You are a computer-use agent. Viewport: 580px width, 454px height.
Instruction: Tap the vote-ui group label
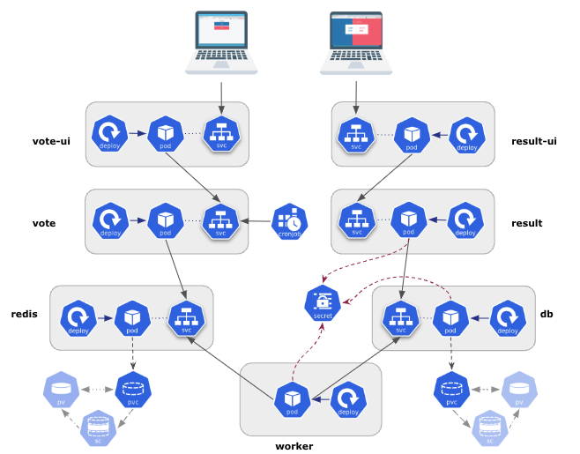coord(51,140)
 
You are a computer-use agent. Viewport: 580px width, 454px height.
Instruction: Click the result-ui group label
coord(533,140)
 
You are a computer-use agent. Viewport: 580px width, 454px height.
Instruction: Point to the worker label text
coord(294,446)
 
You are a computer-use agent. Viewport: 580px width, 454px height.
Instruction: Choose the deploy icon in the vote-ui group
coord(111,133)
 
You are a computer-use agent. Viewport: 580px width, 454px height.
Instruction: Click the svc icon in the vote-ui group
coord(221,133)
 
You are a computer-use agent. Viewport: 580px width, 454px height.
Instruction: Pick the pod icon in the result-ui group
coord(411,134)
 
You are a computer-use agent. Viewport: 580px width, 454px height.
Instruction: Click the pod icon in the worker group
coord(292,399)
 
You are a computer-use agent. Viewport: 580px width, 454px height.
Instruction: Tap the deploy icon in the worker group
coord(346,399)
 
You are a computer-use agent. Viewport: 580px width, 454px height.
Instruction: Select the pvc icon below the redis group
coord(132,389)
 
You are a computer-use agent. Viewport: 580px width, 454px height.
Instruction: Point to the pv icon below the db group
coord(520,389)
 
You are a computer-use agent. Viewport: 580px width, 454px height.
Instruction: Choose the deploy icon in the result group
coord(465,220)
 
